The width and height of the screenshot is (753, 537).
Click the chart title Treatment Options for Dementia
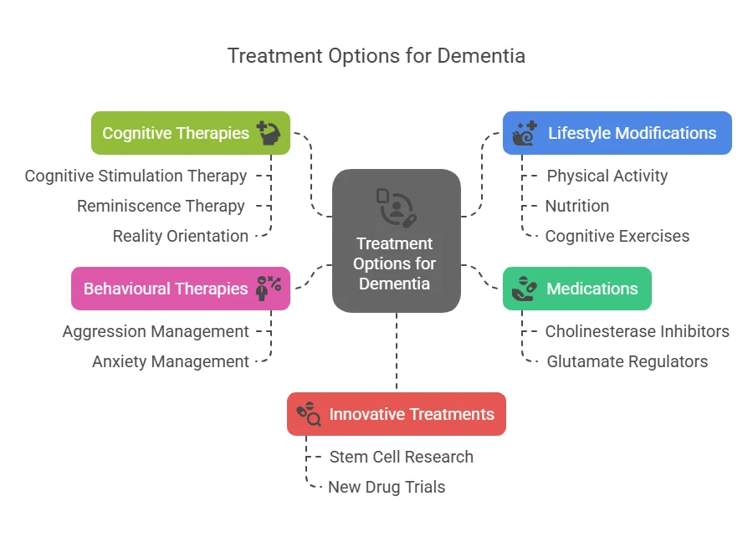(x=376, y=56)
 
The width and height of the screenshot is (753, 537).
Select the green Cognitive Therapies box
(x=190, y=133)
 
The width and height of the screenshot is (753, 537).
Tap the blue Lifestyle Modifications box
(x=617, y=133)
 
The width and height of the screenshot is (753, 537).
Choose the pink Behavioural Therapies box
(x=180, y=289)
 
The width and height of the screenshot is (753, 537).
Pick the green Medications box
(x=576, y=289)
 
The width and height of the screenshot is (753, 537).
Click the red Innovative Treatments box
(x=396, y=414)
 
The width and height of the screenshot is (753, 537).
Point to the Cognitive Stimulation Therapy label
(x=136, y=176)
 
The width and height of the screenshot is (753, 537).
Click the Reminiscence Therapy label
(x=161, y=206)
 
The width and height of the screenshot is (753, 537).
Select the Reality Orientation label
(x=180, y=236)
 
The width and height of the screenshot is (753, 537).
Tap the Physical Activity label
(x=607, y=176)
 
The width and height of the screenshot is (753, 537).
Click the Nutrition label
(x=576, y=206)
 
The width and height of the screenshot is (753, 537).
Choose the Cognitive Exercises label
(x=617, y=236)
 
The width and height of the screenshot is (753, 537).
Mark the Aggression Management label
(x=156, y=332)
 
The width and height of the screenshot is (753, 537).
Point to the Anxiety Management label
(x=170, y=361)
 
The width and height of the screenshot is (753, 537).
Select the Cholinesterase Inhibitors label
(x=637, y=332)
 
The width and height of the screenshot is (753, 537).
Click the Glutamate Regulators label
(x=627, y=361)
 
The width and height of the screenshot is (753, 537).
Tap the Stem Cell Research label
(x=401, y=457)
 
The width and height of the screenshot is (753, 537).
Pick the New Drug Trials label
(x=386, y=487)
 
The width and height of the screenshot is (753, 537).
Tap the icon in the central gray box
(x=396, y=207)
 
